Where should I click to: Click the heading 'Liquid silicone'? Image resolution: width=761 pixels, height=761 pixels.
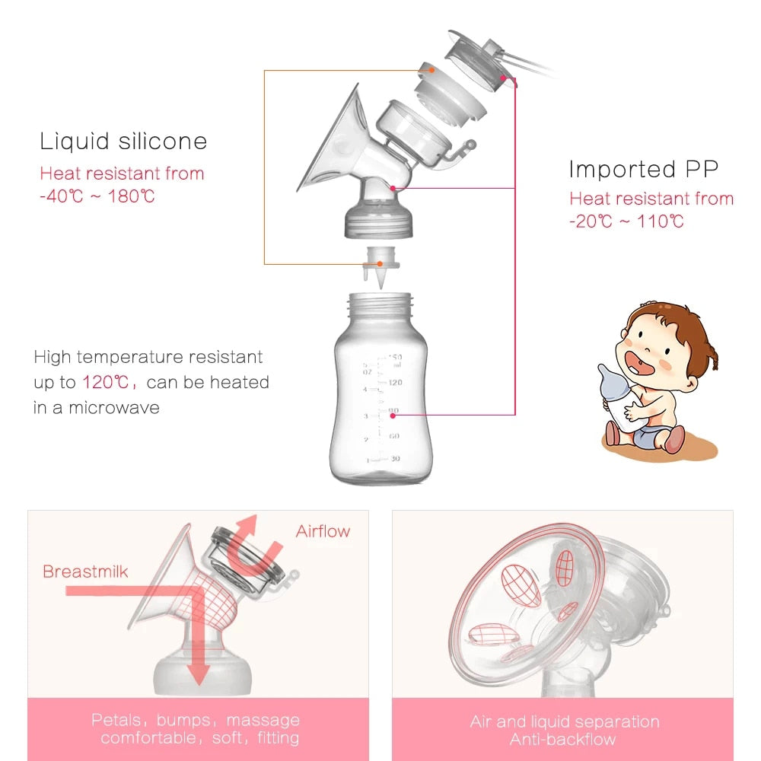pyautogui.click(x=123, y=142)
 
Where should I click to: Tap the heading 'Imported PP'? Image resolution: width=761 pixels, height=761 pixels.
pyautogui.click(x=643, y=169)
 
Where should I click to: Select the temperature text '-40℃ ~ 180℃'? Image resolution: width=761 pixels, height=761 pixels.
pyautogui.click(x=97, y=196)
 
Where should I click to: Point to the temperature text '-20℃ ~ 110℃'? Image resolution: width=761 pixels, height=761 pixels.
pyautogui.click(x=626, y=221)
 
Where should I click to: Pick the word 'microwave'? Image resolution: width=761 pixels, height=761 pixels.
pyautogui.click(x=114, y=407)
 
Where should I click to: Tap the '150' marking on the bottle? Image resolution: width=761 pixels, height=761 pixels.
pyautogui.click(x=394, y=358)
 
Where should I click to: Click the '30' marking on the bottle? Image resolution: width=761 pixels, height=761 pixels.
pyautogui.click(x=394, y=458)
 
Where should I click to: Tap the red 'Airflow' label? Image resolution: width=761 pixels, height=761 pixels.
pyautogui.click(x=323, y=531)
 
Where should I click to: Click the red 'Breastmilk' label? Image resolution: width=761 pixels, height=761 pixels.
pyautogui.click(x=85, y=572)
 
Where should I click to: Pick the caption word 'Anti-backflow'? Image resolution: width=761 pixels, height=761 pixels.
pyautogui.click(x=563, y=739)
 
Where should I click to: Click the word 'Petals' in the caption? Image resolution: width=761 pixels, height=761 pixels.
pyautogui.click(x=116, y=720)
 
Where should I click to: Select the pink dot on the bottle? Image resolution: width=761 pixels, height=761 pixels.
pyautogui.click(x=393, y=415)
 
